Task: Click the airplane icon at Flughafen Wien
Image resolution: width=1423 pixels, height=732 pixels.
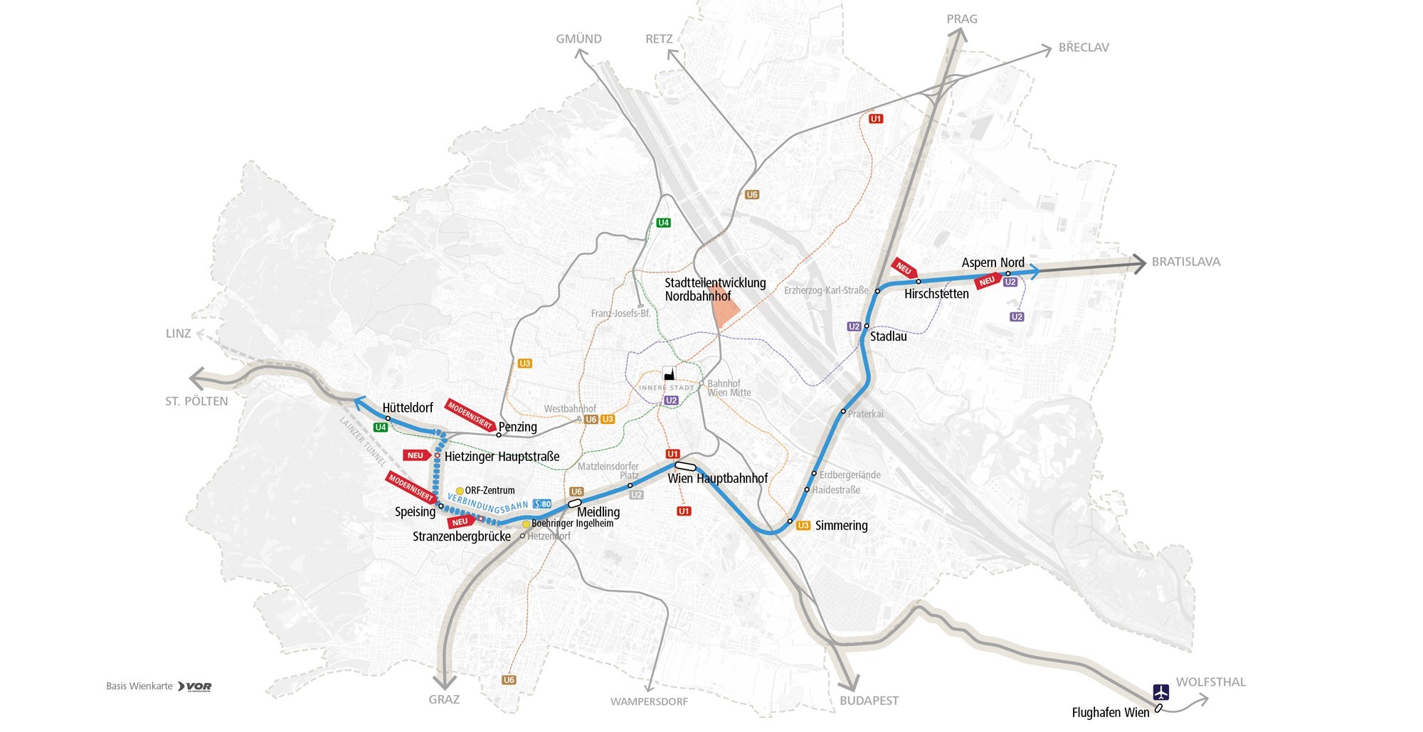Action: pyautogui.click(x=1161, y=691)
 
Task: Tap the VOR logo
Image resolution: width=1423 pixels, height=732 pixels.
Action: pyautogui.click(x=195, y=686)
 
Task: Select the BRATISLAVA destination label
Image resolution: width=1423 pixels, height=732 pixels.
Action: pyautogui.click(x=1185, y=262)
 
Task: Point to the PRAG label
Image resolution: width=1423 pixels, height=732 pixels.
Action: pyautogui.click(x=962, y=19)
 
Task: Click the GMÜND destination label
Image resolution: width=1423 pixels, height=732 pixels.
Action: pyautogui.click(x=578, y=39)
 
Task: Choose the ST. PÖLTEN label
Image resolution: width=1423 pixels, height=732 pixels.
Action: pyautogui.click(x=196, y=401)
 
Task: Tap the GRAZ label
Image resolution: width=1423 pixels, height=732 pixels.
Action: pyautogui.click(x=444, y=699)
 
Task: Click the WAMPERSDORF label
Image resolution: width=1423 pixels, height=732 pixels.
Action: pyautogui.click(x=649, y=702)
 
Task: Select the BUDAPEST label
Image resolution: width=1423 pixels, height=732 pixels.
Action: pyautogui.click(x=869, y=701)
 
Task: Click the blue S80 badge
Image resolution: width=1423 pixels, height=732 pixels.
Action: pyautogui.click(x=542, y=504)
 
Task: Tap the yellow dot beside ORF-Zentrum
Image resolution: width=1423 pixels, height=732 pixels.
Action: pyautogui.click(x=460, y=491)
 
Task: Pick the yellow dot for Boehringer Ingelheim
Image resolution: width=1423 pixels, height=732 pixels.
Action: pyautogui.click(x=527, y=524)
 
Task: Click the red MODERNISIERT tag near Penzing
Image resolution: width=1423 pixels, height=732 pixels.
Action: pyautogui.click(x=470, y=415)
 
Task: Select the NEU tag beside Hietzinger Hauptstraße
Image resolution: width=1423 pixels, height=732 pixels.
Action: pyautogui.click(x=417, y=455)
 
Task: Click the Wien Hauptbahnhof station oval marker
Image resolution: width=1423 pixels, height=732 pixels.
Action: pyautogui.click(x=685, y=467)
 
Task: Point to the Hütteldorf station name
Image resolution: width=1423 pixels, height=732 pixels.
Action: pyautogui.click(x=408, y=408)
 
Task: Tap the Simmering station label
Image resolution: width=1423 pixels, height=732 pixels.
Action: pyautogui.click(x=841, y=526)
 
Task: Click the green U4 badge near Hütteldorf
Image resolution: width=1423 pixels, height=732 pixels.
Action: pyautogui.click(x=381, y=428)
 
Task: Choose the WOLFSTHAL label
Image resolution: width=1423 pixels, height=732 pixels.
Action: pyautogui.click(x=1210, y=682)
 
